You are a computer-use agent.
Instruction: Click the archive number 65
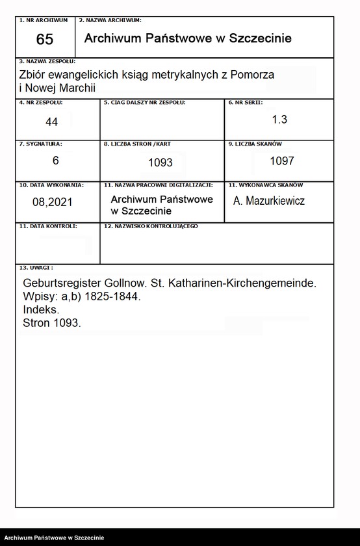click(45, 40)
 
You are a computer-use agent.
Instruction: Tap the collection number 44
click(52, 122)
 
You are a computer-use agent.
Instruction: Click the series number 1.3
click(279, 120)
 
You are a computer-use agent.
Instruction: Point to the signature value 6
click(56, 161)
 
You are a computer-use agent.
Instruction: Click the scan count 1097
click(282, 161)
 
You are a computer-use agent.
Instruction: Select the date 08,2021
click(53, 201)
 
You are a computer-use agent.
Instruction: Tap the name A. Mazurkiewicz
click(269, 201)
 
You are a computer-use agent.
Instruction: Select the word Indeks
click(41, 310)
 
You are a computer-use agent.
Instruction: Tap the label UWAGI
click(36, 267)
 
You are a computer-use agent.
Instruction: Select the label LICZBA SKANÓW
click(257, 144)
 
